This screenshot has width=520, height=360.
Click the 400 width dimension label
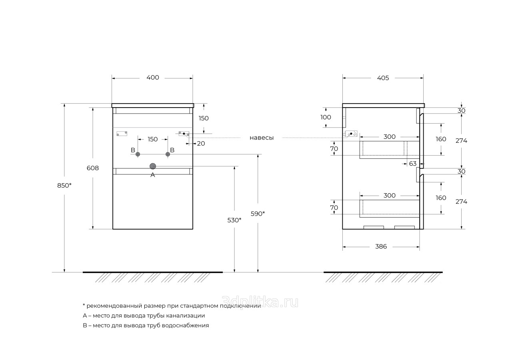152,78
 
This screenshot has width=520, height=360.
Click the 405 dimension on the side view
383,78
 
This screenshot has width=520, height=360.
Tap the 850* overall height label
64,185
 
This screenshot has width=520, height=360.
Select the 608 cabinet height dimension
93,168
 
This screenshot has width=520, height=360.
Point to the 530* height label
234,220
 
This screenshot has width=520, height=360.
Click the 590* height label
258,214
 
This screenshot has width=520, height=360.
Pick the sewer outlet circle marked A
152,166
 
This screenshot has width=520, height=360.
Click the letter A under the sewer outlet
152,175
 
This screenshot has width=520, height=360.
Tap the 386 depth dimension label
381,246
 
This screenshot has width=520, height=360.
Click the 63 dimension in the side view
413,164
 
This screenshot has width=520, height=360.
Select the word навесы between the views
262,138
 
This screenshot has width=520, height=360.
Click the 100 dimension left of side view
326,117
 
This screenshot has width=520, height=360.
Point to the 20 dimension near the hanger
201,143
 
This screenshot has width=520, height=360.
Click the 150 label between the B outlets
152,139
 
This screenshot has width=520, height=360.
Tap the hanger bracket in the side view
351,134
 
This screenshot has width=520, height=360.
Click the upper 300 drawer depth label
389,137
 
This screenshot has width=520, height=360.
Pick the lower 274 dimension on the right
461,202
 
